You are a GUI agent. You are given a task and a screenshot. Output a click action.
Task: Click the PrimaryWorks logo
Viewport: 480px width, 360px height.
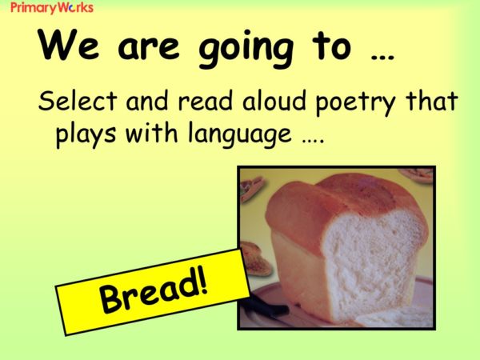(x=51, y=8)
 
